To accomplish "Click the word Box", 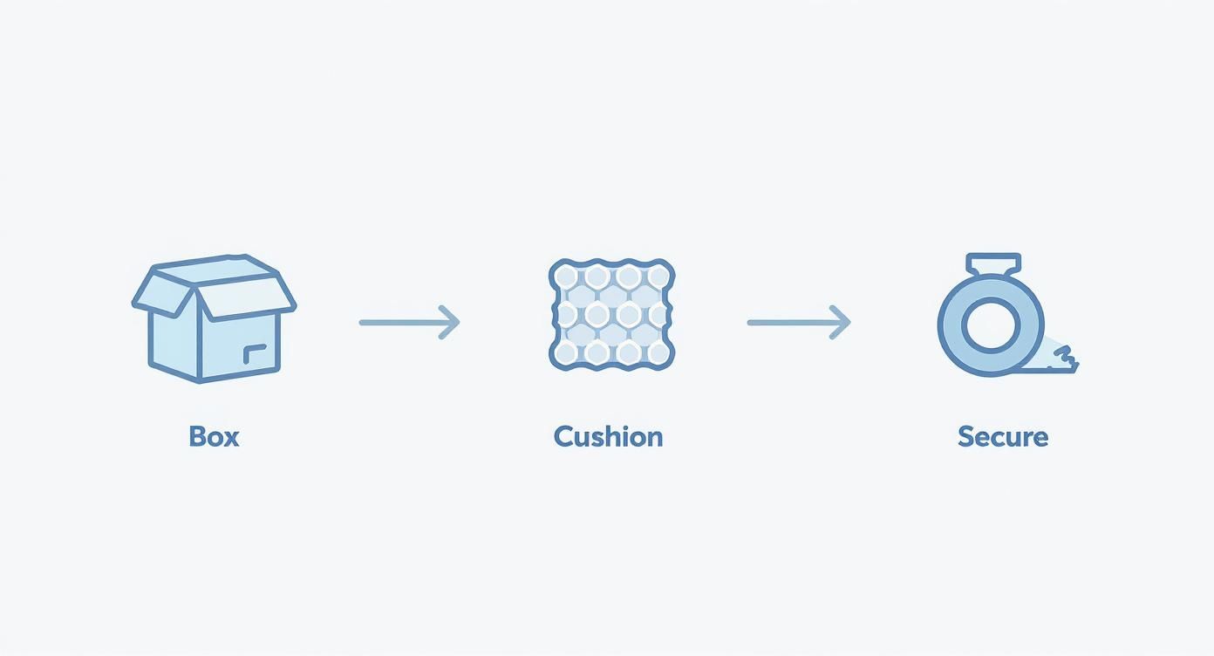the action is (x=214, y=436).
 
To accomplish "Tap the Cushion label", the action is (x=608, y=436).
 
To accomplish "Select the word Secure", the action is (x=1003, y=436).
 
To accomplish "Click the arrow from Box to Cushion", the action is (x=410, y=323).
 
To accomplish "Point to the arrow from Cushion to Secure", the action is (x=799, y=323).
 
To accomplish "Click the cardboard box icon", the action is (x=214, y=318).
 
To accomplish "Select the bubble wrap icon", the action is (x=612, y=314).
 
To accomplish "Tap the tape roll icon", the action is (x=1008, y=314).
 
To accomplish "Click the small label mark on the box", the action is (x=254, y=353).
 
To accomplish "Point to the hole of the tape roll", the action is (x=991, y=325).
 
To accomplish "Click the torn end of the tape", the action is (x=1066, y=359).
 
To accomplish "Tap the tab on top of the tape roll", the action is (x=993, y=264).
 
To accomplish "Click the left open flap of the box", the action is (x=162, y=291).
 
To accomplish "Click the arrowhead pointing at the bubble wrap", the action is (x=449, y=323).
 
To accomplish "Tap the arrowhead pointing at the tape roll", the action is (x=840, y=323).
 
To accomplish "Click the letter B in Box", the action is (x=197, y=436).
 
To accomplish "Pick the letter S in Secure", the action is (x=966, y=436).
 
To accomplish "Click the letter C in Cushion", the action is (x=563, y=436).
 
